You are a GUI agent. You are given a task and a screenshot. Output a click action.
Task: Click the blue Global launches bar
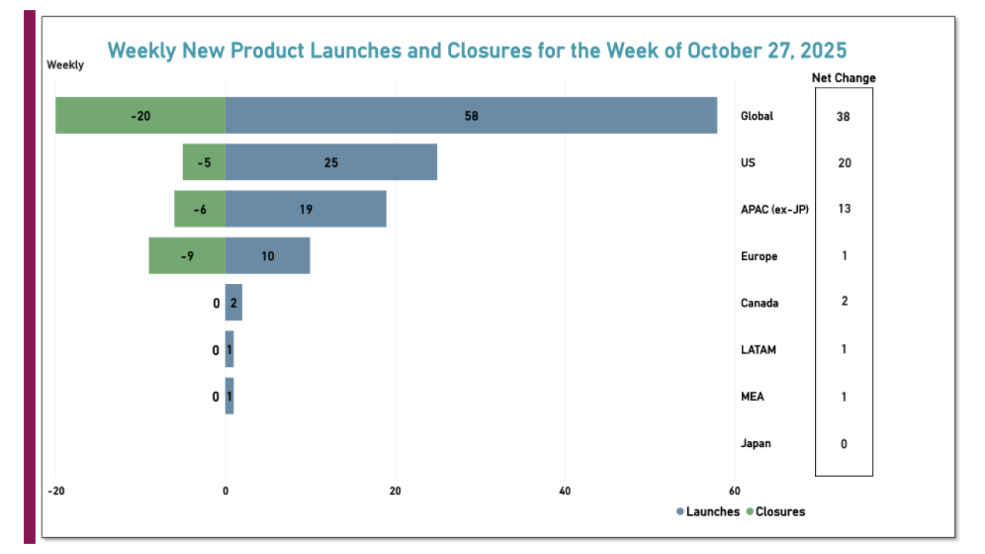coord(471,115)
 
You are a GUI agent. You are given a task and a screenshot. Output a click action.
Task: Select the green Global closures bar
coord(140,115)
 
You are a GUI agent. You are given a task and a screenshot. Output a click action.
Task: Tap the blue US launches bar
coord(331,162)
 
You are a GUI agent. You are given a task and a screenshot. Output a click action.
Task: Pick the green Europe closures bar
coord(187,255)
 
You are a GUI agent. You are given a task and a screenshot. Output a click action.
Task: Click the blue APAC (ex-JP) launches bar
coord(306,209)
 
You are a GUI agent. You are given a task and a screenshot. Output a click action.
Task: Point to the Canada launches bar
coord(233,302)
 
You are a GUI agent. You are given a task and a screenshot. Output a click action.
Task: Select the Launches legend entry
coord(708,512)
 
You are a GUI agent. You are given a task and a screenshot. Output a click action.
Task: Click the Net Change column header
coord(843,78)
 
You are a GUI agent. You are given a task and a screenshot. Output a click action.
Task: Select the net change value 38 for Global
coord(843,116)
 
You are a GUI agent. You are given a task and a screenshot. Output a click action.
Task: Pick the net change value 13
coord(843,209)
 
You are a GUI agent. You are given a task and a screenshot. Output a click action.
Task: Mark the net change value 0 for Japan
coord(843,443)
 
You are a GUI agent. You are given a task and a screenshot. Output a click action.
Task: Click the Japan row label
coord(756,443)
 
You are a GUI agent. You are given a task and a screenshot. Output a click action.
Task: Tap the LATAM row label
coord(758,349)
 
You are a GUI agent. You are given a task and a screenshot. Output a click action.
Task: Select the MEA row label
coord(752,396)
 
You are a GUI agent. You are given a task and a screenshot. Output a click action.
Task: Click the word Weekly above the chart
coord(65,65)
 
